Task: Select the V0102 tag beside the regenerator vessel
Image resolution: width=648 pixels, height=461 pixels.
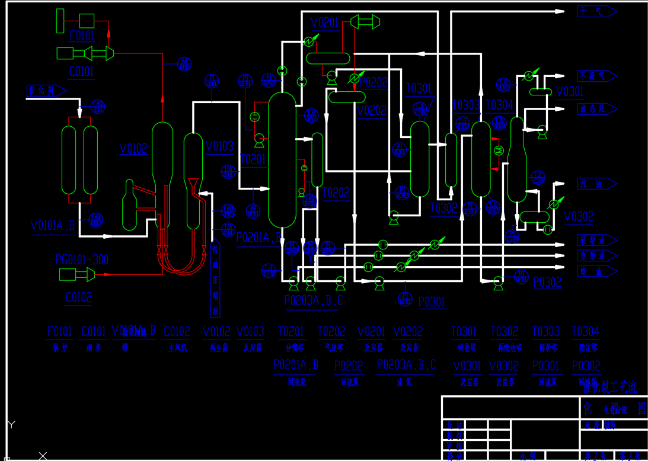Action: (x=133, y=148)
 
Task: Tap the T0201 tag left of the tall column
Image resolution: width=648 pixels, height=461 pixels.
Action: (x=254, y=159)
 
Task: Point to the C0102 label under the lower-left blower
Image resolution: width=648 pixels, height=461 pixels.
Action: (x=79, y=297)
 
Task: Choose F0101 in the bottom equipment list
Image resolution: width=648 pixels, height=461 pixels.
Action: (x=60, y=331)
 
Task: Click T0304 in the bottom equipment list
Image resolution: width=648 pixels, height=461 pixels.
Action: (x=585, y=331)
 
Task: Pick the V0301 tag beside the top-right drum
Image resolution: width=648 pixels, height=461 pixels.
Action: (x=570, y=91)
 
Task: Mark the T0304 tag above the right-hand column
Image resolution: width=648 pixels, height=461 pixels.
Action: (x=499, y=105)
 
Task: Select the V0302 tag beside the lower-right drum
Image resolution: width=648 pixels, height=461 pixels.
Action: (x=579, y=216)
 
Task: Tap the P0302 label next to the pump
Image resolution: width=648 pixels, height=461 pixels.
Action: (x=547, y=282)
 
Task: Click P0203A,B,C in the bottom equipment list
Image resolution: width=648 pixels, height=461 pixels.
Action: (x=406, y=365)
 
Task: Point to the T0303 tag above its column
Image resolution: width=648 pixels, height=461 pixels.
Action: (x=465, y=105)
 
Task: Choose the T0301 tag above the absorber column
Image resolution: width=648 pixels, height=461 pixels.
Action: (x=419, y=88)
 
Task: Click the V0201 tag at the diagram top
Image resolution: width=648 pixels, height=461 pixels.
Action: (x=325, y=23)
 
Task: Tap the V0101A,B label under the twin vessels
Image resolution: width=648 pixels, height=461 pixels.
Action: (x=53, y=226)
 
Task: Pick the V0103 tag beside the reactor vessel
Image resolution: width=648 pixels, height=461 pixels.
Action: (x=219, y=146)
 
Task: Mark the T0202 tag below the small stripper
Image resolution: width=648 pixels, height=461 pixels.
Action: (x=336, y=193)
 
